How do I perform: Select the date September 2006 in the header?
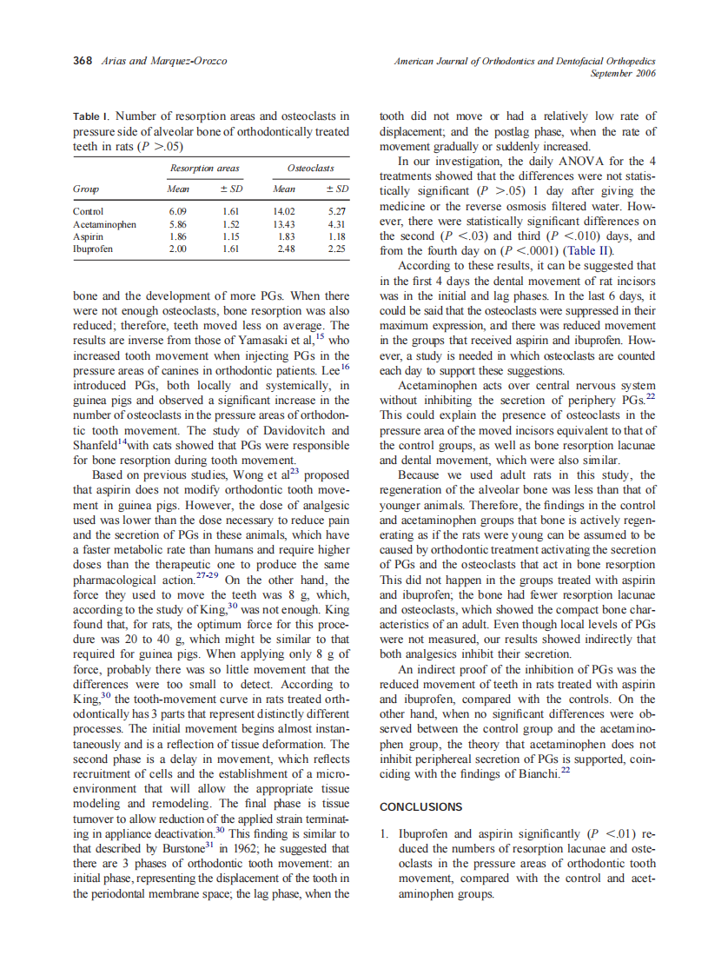point(623,74)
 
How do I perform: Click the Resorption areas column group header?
point(204,168)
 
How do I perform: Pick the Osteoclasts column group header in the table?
point(310,168)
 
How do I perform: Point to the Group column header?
point(85,189)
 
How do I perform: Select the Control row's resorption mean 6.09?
point(178,211)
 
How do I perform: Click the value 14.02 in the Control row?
point(285,211)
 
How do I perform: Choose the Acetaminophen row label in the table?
point(104,224)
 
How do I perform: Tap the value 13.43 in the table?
point(285,224)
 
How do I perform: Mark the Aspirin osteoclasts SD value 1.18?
point(337,236)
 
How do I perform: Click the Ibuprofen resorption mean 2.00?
point(178,249)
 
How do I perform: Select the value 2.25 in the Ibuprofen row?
point(337,249)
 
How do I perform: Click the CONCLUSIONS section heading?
point(421,807)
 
